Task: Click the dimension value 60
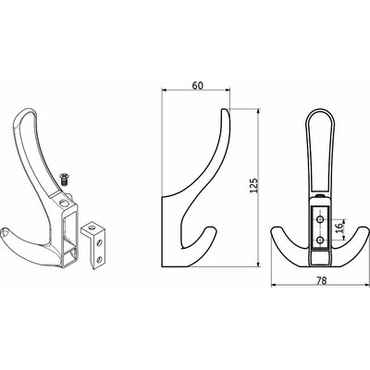point(198,85)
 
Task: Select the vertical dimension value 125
point(253,186)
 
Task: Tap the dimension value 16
point(339,228)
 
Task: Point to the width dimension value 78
point(321,280)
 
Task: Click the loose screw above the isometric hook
point(65,179)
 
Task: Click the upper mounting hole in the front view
point(320,219)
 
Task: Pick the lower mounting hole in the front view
point(320,240)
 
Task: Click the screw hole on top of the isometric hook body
point(64,203)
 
